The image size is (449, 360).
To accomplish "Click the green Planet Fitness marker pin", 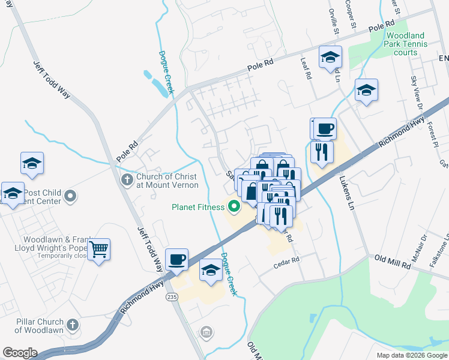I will pyautogui.click(x=233, y=208).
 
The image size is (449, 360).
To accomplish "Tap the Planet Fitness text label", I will pyautogui.click(x=197, y=208).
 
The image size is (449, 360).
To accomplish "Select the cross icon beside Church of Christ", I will pyautogui.click(x=127, y=180).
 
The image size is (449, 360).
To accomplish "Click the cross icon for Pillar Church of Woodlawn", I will pyautogui.click(x=72, y=325).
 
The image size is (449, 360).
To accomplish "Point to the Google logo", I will pyautogui.click(x=20, y=353).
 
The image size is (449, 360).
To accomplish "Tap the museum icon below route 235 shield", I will pyautogui.click(x=206, y=331).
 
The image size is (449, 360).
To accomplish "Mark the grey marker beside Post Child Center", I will pyautogui.click(x=71, y=196).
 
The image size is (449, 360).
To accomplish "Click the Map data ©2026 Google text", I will pyautogui.click(x=411, y=355).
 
